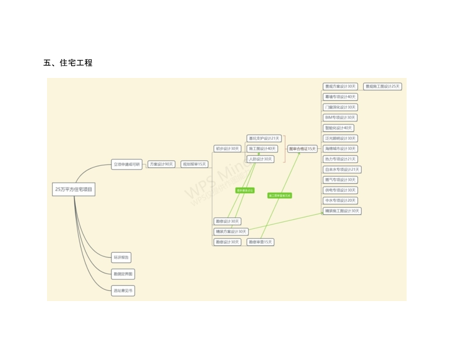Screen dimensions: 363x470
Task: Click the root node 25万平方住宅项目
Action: click(x=74, y=189)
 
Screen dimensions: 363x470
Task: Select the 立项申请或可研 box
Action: click(x=127, y=164)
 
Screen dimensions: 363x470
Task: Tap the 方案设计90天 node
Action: click(x=161, y=164)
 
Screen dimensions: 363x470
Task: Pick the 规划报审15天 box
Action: click(x=194, y=164)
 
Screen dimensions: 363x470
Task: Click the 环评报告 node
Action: click(x=121, y=257)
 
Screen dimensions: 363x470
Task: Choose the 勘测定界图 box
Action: click(x=123, y=274)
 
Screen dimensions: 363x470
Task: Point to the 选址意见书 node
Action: click(x=123, y=291)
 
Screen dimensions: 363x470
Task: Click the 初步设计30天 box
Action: click(x=227, y=149)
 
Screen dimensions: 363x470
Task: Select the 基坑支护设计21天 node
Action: click(x=264, y=138)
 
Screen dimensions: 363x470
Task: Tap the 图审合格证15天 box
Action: click(x=302, y=149)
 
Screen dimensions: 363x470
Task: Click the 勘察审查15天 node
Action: click(x=260, y=242)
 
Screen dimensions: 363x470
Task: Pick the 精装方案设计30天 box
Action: click(x=231, y=232)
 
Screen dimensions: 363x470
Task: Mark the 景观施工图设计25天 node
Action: click(x=382, y=86)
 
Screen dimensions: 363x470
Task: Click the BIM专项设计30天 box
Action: click(x=340, y=117)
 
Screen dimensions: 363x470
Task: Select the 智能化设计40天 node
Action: click(x=338, y=128)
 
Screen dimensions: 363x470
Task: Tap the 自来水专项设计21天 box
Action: click(x=342, y=169)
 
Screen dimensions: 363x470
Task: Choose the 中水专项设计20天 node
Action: click(x=340, y=201)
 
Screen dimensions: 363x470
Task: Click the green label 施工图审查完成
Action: click(x=280, y=196)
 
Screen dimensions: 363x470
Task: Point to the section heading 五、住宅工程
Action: click(x=68, y=63)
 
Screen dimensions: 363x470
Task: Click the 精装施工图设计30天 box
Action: click(x=342, y=211)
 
